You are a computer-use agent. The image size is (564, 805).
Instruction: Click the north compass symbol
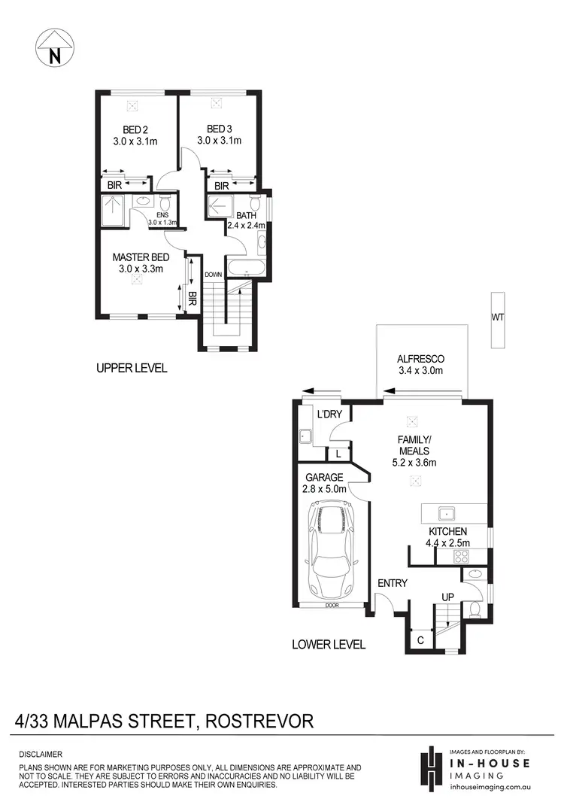pyautogui.click(x=54, y=47)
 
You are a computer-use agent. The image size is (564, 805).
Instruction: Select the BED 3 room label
pyautogui.click(x=220, y=134)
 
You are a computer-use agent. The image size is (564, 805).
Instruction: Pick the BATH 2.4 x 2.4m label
pyautogui.click(x=246, y=220)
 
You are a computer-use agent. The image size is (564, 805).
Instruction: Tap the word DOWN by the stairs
pyautogui.click(x=213, y=275)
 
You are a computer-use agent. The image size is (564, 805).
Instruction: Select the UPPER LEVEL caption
pyautogui.click(x=132, y=369)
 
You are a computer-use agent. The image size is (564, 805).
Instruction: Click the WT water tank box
pyautogui.click(x=497, y=319)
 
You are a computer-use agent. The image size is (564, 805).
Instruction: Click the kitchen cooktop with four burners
pyautogui.click(x=461, y=557)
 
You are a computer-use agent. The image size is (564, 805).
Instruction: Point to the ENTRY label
pyautogui.click(x=393, y=583)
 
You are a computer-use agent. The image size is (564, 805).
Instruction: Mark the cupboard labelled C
pyautogui.click(x=420, y=639)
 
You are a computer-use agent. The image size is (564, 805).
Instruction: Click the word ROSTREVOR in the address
pyautogui.click(x=256, y=721)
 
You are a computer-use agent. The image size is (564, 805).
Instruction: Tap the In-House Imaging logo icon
pyautogui.click(x=430, y=768)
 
